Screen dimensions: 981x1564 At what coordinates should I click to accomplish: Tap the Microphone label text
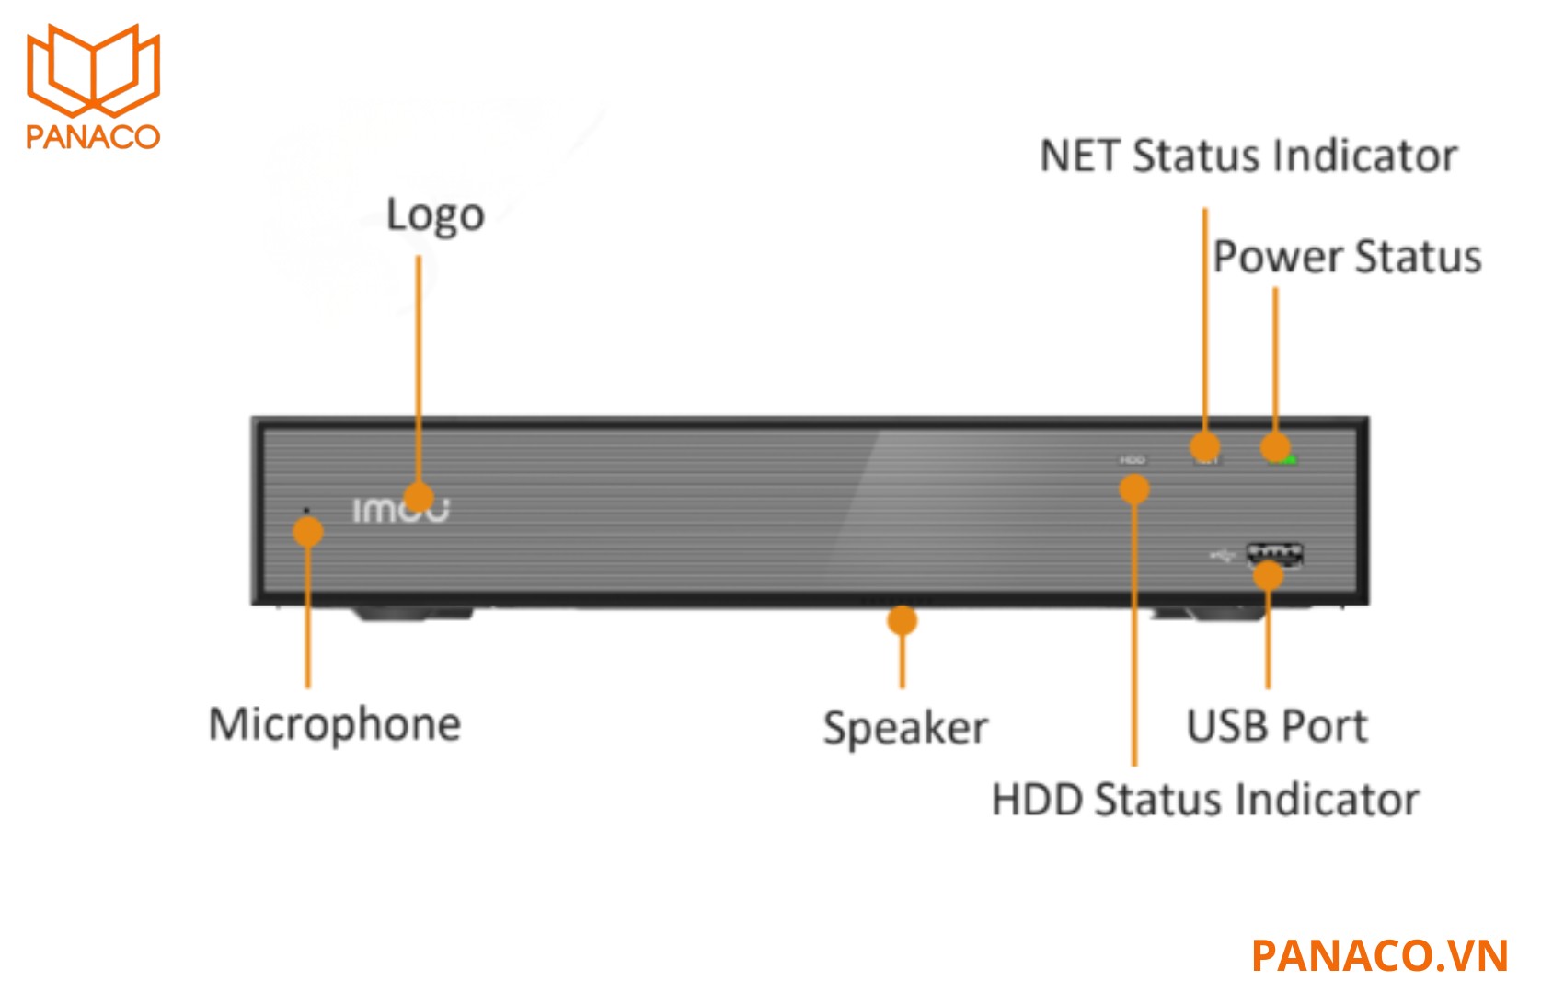click(x=335, y=725)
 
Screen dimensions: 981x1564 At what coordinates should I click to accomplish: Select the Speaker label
click(x=905, y=728)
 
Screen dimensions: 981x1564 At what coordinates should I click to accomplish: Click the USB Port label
click(x=1277, y=726)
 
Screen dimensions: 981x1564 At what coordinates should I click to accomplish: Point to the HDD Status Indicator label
click(x=1205, y=800)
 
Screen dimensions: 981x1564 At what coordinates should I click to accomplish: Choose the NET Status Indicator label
click(x=1248, y=156)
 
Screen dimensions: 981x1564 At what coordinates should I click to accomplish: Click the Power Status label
click(x=1347, y=257)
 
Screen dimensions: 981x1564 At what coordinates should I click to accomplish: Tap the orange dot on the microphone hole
click(x=307, y=532)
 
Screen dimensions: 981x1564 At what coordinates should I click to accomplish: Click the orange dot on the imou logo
click(x=419, y=498)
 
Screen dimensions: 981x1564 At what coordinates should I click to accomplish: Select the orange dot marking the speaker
click(x=903, y=620)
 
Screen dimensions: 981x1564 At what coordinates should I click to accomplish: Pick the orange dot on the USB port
click(x=1268, y=576)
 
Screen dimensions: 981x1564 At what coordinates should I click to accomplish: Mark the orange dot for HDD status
click(x=1134, y=489)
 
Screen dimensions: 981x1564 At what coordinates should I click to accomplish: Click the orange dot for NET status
click(x=1205, y=447)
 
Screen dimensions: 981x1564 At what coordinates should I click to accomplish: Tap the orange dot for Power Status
click(x=1275, y=447)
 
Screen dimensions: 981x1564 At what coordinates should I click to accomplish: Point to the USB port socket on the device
click(x=1274, y=554)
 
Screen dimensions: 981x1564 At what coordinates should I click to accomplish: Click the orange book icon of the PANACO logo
click(x=93, y=70)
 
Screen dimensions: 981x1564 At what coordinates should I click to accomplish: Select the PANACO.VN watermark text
click(x=1379, y=955)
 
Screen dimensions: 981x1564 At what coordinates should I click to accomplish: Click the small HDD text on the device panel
click(x=1133, y=460)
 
